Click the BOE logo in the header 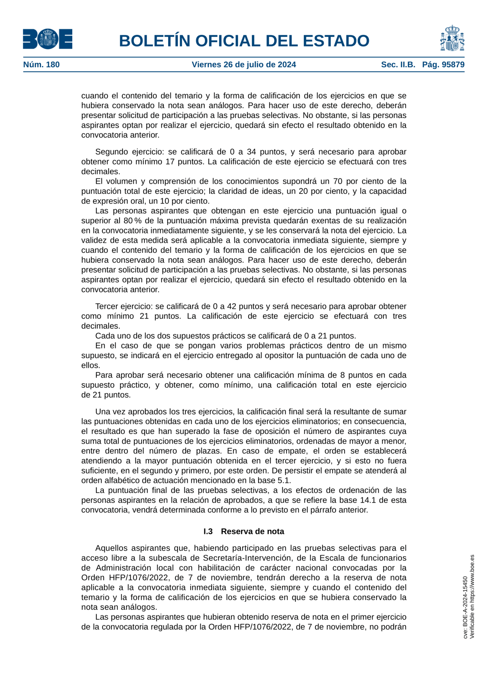pyautogui.click(x=48, y=39)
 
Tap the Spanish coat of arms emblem pyautogui.click(x=452, y=38)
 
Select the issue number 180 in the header pyautogui.click(x=53, y=65)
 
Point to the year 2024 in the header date pyautogui.click(x=286, y=65)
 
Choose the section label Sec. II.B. pyautogui.click(x=398, y=65)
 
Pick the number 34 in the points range pyautogui.click(x=252, y=152)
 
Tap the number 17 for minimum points pyautogui.click(x=170, y=162)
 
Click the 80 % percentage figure pyautogui.click(x=133, y=221)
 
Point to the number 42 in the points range pyautogui.click(x=233, y=307)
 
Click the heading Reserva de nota pyautogui.click(x=252, y=531)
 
